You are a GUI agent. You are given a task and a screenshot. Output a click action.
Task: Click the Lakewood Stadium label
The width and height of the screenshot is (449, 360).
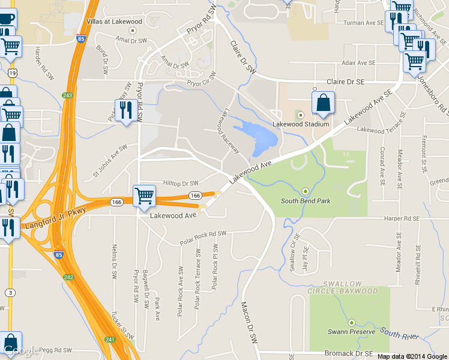[301, 124]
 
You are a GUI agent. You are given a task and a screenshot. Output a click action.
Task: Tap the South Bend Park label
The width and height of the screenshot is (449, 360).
[306, 200]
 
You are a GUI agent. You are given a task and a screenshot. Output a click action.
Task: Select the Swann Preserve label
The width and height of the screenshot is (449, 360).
[351, 331]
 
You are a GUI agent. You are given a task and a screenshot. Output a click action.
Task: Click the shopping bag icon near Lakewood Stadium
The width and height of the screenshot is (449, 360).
[323, 104]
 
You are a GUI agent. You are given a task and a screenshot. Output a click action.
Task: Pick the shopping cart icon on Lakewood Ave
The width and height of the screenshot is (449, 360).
[144, 196]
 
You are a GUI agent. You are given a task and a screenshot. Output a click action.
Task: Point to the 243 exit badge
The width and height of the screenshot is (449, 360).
[67, 95]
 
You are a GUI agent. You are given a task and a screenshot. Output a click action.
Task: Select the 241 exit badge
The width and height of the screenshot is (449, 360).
[110, 340]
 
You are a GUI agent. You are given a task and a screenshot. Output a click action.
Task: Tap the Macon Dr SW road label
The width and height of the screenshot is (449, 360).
[249, 329]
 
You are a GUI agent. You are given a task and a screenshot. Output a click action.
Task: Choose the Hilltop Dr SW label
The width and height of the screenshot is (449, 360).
[181, 183]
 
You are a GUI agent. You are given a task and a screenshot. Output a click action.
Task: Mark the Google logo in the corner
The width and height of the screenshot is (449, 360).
[21, 350]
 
